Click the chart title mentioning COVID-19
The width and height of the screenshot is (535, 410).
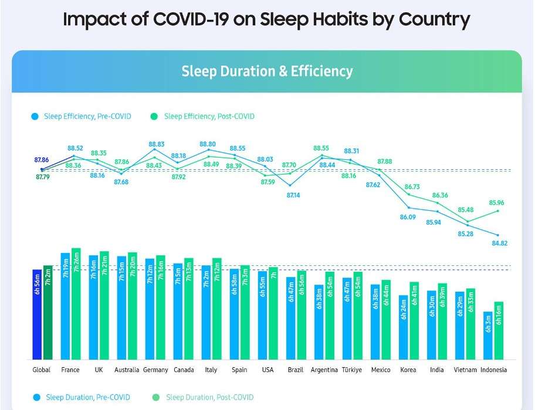tap(267, 19)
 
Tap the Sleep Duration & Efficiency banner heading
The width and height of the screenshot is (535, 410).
tap(267, 71)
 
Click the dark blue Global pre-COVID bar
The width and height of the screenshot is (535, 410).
tap(37, 315)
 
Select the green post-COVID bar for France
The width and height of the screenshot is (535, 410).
tap(76, 303)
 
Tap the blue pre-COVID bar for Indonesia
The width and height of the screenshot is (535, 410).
tap(488, 336)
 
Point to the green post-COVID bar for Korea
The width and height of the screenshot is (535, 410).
tap(414, 321)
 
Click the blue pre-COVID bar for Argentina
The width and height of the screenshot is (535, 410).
tap(319, 322)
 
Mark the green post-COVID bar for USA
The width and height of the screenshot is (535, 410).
tap(273, 313)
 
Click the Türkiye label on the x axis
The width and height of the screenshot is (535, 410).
tap(353, 370)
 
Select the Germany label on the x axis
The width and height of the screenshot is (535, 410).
tap(155, 370)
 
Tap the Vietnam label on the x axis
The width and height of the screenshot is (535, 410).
tap(467, 370)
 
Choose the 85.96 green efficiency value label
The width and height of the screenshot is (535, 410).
tap(496, 203)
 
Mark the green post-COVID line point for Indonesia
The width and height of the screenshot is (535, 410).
tap(499, 211)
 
